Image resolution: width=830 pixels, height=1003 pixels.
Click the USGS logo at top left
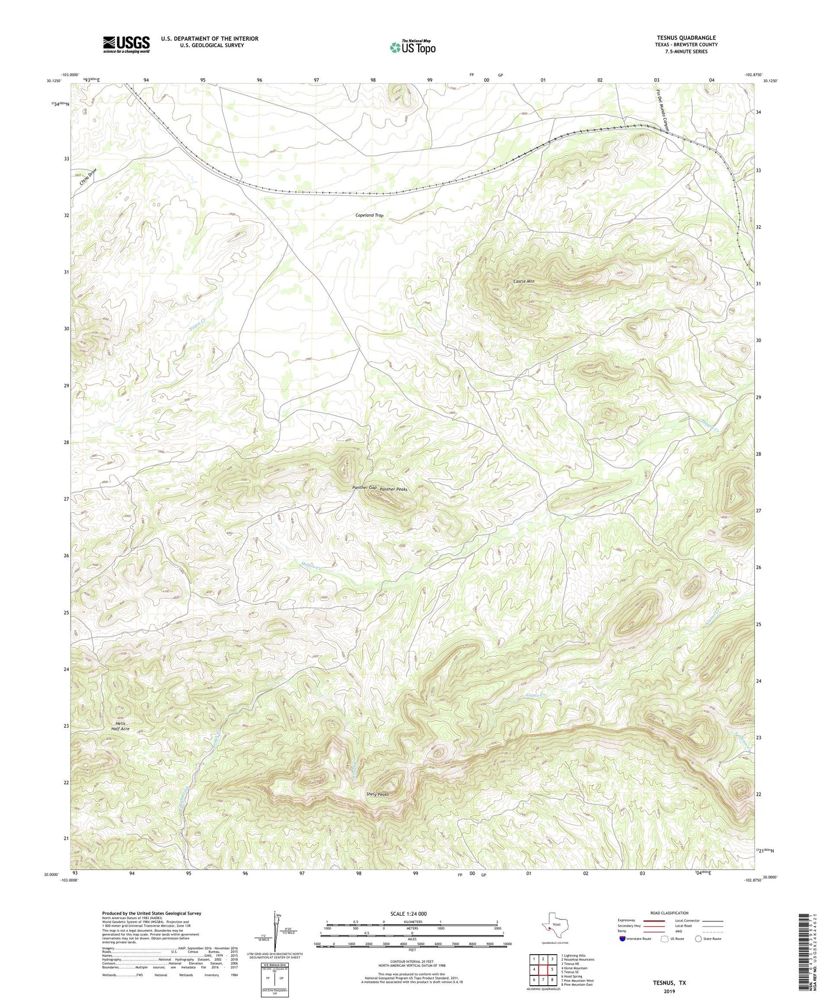(x=126, y=44)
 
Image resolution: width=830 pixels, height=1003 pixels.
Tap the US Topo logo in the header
(x=412, y=47)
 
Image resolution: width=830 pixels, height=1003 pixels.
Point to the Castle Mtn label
(x=523, y=281)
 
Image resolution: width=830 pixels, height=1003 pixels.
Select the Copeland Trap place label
(x=369, y=215)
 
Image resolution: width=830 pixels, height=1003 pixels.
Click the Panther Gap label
(x=364, y=488)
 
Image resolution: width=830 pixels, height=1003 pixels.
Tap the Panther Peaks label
(x=393, y=489)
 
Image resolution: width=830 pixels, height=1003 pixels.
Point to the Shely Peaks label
(x=377, y=794)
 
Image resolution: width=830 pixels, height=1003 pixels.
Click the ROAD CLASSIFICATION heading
(x=669, y=913)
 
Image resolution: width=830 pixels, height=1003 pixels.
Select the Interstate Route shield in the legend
(x=623, y=939)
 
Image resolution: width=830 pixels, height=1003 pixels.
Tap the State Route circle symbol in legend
(x=698, y=939)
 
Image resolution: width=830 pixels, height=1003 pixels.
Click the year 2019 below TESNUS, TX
(x=669, y=992)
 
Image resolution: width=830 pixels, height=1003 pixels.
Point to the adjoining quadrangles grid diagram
(x=542, y=972)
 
